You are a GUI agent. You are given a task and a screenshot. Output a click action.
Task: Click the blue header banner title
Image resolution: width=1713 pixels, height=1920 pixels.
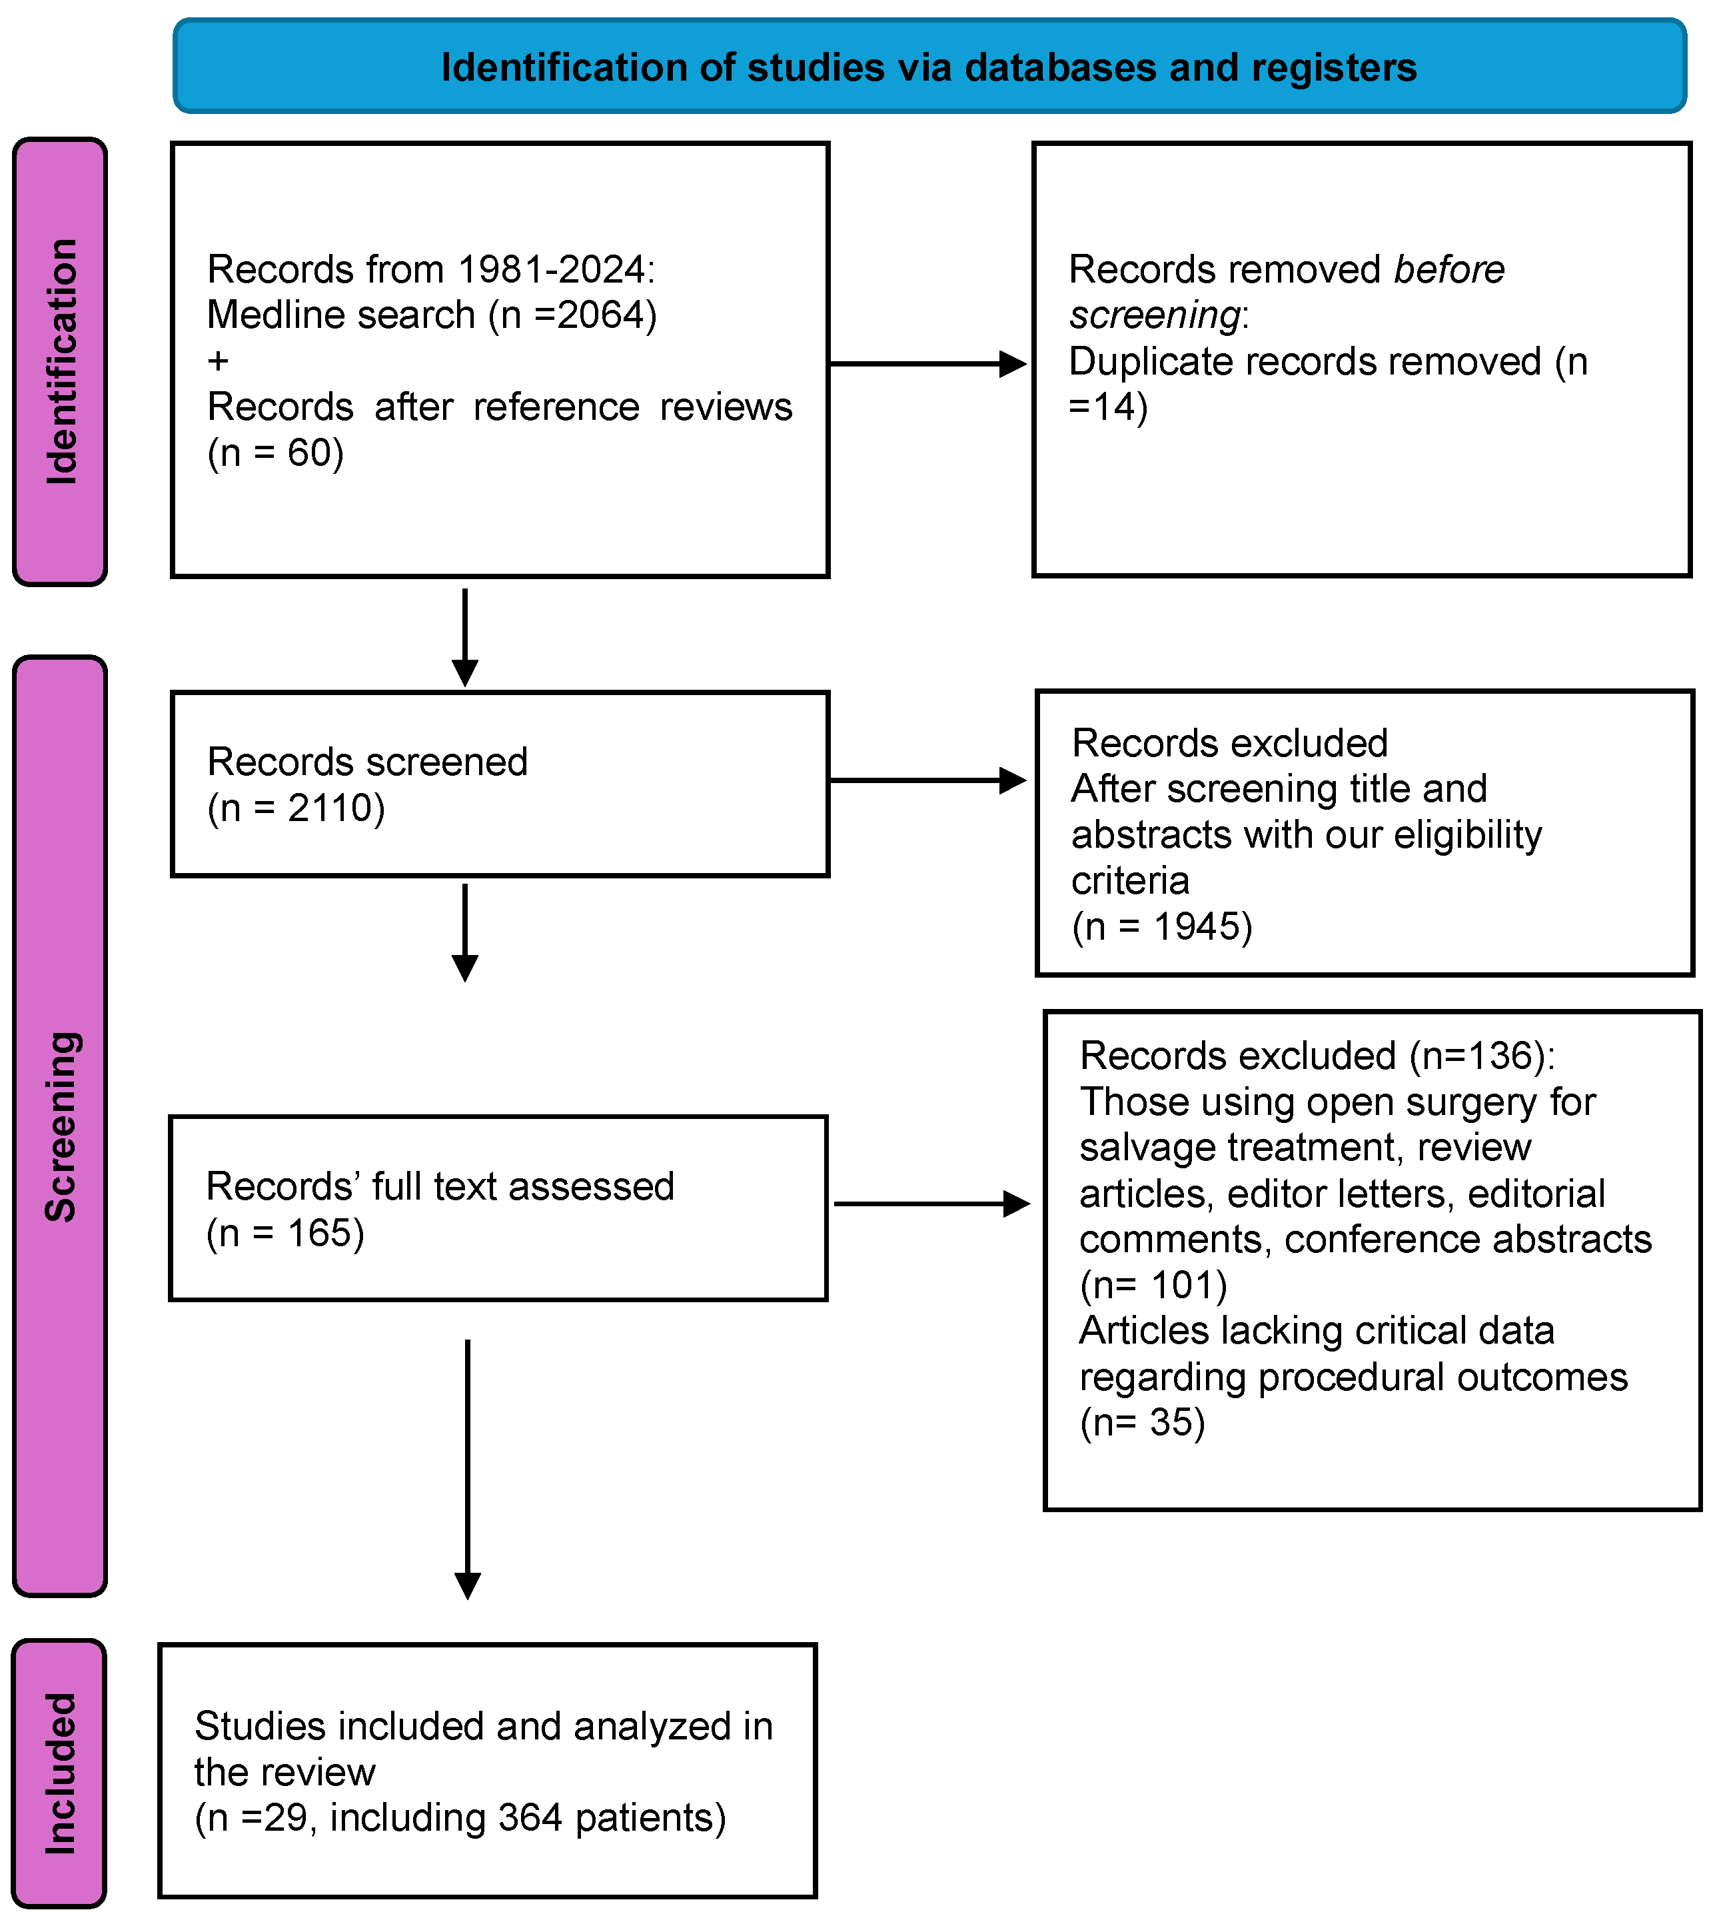pos(928,68)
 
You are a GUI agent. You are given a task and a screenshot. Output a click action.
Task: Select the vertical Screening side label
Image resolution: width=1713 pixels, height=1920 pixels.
pos(60,1126)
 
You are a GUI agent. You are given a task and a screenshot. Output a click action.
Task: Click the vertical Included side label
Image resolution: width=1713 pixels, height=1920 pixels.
pos(60,1773)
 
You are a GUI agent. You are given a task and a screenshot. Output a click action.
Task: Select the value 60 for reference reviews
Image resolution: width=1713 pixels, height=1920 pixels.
pos(308,453)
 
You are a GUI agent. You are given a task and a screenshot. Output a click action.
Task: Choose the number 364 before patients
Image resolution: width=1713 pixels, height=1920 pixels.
pos(530,1817)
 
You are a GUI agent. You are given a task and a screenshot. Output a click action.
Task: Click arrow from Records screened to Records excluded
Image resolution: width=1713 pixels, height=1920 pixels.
pos(927,780)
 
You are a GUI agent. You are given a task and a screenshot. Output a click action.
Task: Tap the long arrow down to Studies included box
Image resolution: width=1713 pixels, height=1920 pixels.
pos(468,1468)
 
